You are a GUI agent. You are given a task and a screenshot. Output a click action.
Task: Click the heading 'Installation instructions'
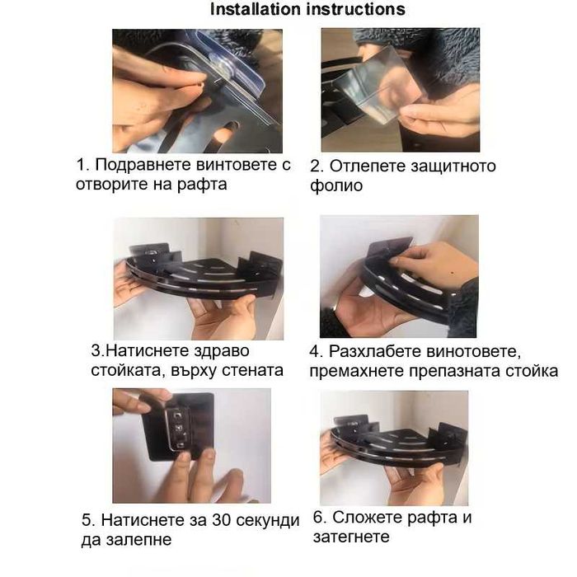(307, 10)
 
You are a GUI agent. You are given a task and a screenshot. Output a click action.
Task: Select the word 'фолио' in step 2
(336, 185)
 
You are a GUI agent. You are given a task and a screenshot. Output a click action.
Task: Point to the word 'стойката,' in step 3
(128, 370)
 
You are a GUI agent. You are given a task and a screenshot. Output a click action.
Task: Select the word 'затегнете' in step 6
(351, 537)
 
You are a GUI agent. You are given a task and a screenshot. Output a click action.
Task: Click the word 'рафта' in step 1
(203, 185)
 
